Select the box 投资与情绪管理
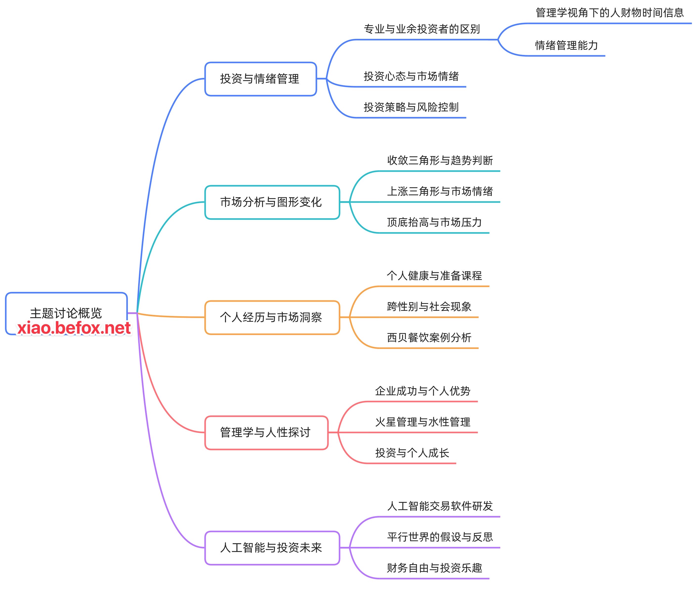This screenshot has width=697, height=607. click(260, 79)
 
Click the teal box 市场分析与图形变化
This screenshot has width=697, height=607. click(272, 202)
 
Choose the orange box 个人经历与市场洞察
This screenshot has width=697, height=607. click(272, 317)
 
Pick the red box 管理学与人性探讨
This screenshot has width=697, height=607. click(266, 433)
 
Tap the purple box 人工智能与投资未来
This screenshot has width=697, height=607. click(272, 548)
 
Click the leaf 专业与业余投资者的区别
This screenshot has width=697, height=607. click(422, 29)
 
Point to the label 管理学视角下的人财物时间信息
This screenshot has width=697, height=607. click(609, 13)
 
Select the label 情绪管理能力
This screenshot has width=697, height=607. click(566, 45)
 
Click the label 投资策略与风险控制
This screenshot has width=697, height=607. click(411, 107)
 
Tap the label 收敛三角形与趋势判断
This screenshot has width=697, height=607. click(440, 161)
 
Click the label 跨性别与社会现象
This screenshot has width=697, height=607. click(429, 307)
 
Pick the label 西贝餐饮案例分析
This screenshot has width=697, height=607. click(429, 338)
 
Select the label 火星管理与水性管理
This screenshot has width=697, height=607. click(423, 422)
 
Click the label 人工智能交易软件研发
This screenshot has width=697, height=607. click(440, 506)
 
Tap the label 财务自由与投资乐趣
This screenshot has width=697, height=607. click(434, 568)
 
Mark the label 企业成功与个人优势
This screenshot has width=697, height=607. click(423, 391)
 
